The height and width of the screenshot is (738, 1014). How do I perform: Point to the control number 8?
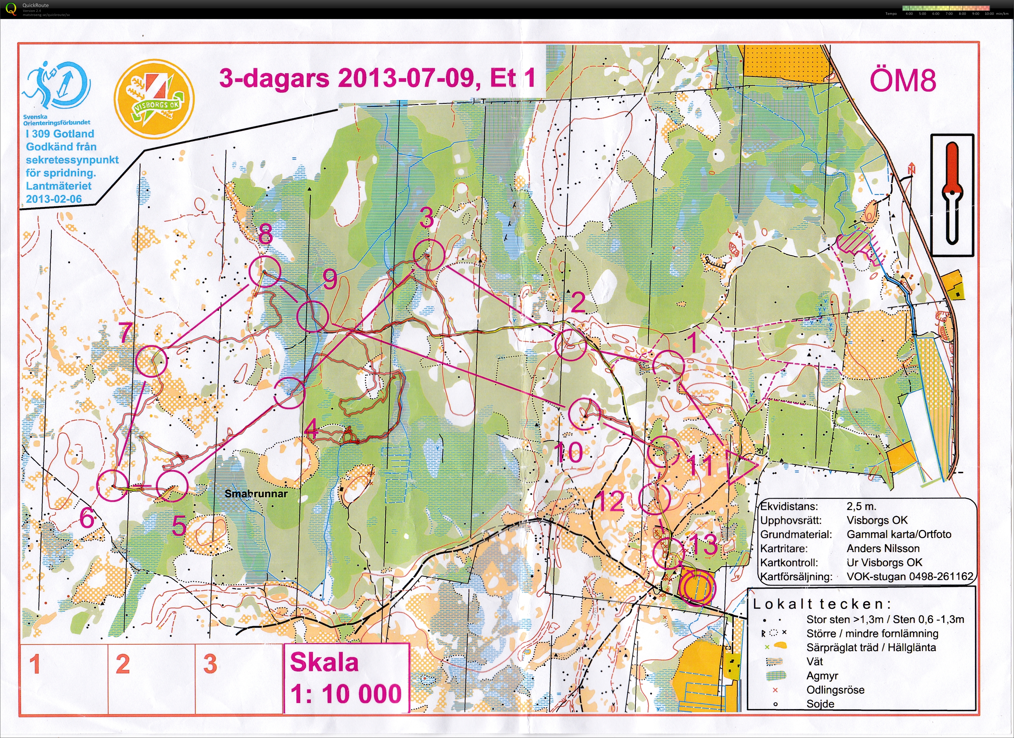click(266, 233)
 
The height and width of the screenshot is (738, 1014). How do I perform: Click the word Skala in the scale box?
click(324, 662)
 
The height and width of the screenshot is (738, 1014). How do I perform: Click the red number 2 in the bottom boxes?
click(123, 664)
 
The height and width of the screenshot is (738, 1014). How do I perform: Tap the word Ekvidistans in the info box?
click(789, 507)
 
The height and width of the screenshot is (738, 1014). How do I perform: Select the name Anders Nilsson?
click(883, 548)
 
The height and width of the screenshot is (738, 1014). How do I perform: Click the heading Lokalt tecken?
click(821, 605)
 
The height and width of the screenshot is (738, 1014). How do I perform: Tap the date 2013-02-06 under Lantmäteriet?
click(54, 199)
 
